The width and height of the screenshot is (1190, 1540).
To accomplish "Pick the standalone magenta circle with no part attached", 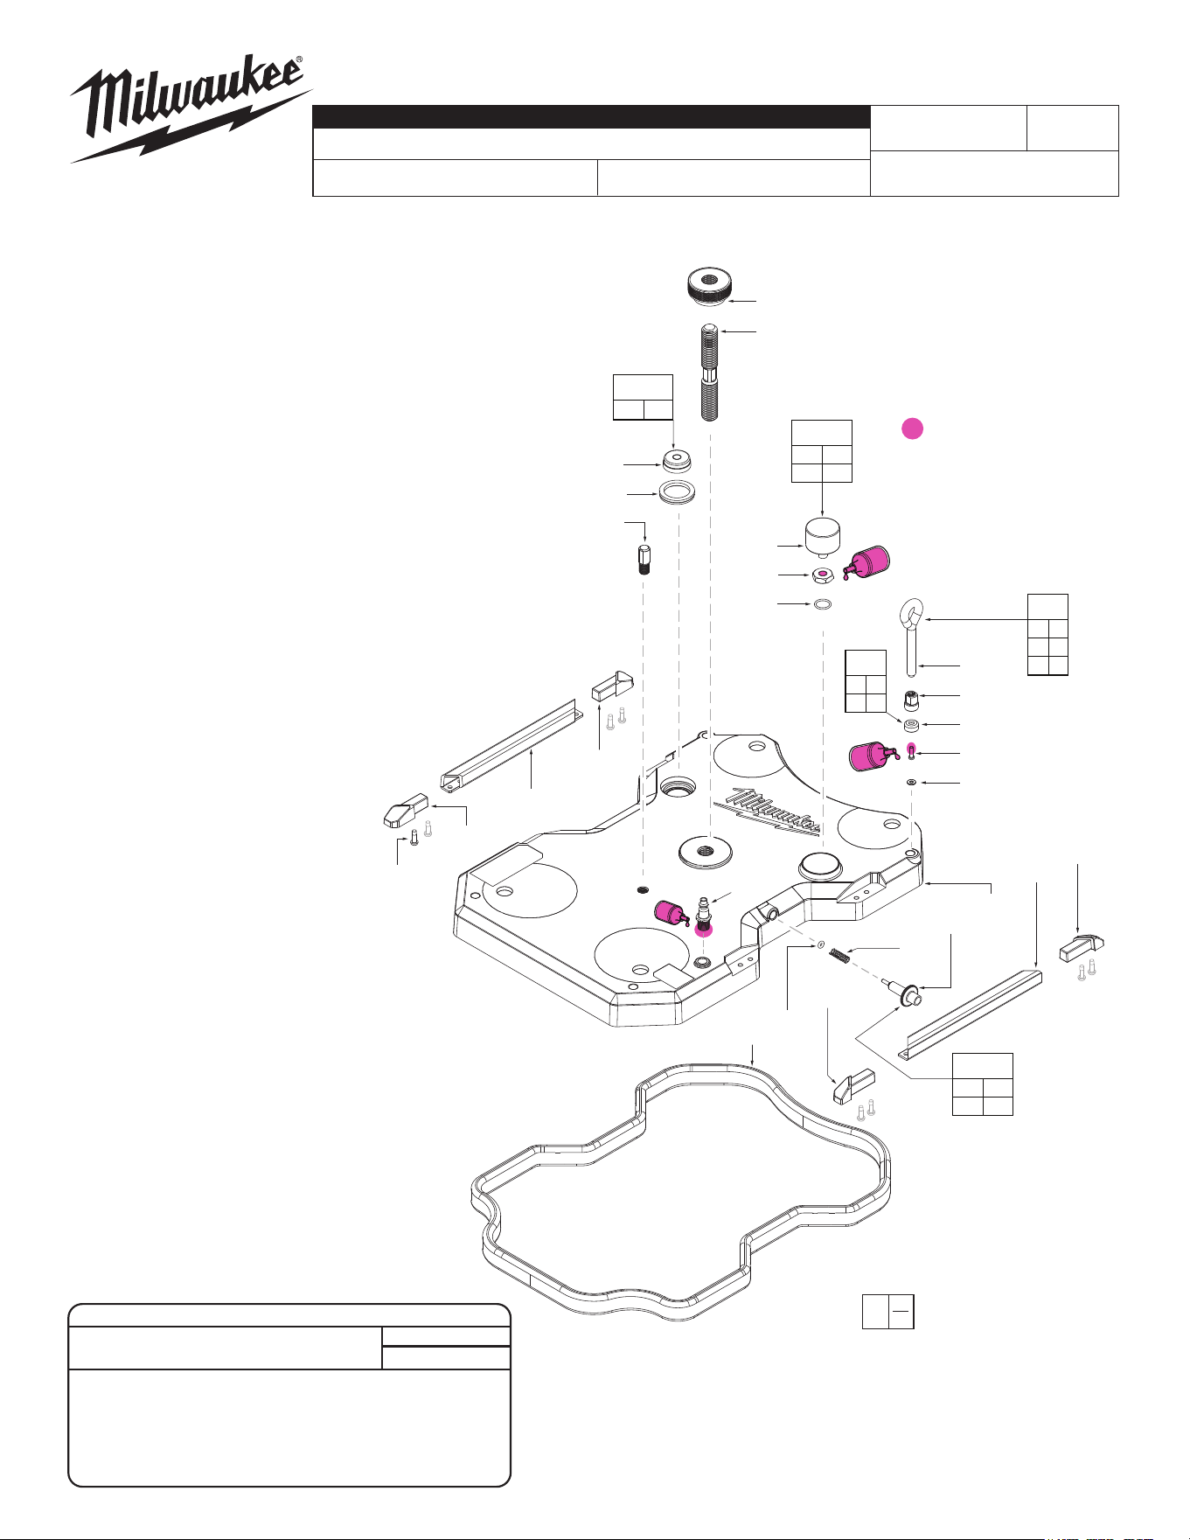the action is pyautogui.click(x=912, y=429).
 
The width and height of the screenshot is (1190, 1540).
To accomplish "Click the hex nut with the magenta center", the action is pyautogui.click(x=821, y=575).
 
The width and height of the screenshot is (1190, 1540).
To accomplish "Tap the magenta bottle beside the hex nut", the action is pyautogui.click(x=866, y=561).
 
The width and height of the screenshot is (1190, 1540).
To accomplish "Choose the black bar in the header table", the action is pyautogui.click(x=592, y=117).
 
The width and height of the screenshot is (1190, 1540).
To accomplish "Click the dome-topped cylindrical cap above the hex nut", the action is pyautogui.click(x=821, y=538).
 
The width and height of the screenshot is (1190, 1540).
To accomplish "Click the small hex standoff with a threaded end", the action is pyautogui.click(x=644, y=557).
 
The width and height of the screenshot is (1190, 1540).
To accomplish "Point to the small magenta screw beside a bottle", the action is pyautogui.click(x=911, y=751).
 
